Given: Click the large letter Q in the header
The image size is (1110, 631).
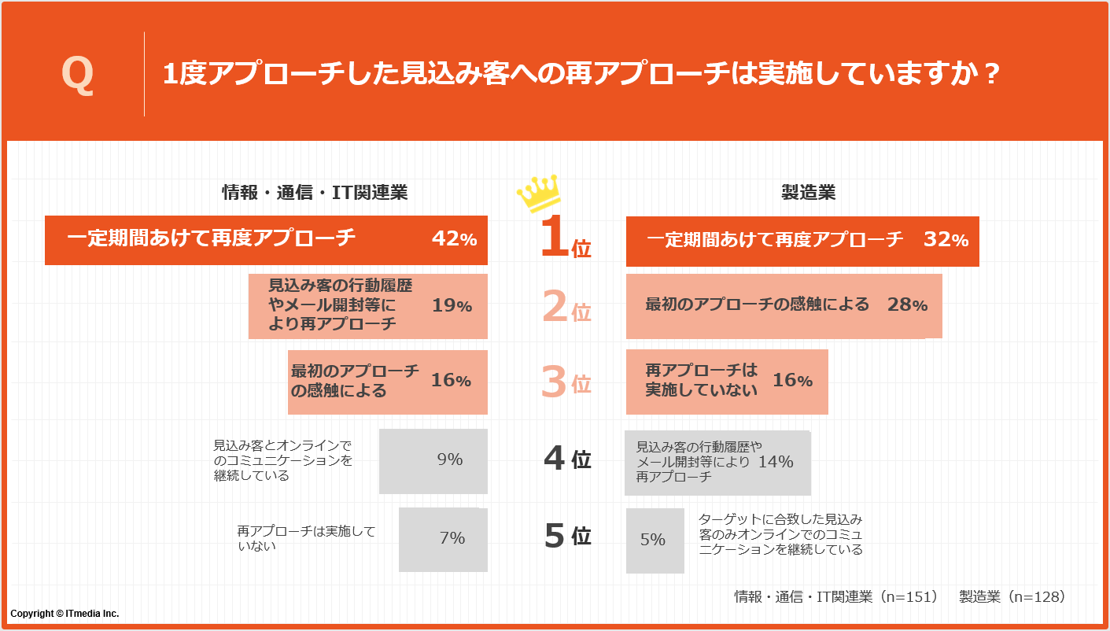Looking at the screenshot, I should coord(77,76).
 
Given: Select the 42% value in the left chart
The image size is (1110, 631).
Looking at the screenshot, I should coord(454,239).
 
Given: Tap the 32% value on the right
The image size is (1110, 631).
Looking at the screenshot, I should coord(946,240).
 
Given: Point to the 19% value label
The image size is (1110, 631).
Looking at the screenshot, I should coord(452,305).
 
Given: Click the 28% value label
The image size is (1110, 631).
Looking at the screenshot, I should coord(907,305).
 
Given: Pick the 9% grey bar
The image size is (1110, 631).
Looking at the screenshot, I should coord(433,461).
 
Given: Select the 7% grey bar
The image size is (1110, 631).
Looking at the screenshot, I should coord(444,540).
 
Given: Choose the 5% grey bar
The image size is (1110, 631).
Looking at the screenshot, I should coord(655,541).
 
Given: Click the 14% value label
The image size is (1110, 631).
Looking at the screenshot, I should coord(776,462).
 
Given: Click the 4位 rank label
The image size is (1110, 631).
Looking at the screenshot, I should coord(566,459).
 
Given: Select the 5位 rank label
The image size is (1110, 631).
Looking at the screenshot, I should coord(566,536).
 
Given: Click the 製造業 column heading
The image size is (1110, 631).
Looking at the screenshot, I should coord(808,193).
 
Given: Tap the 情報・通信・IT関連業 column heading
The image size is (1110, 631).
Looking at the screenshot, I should coord(315,193).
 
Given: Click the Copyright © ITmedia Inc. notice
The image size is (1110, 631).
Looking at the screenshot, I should coord(65,614).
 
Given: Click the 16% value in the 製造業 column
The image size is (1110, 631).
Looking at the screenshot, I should coord(792,381).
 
